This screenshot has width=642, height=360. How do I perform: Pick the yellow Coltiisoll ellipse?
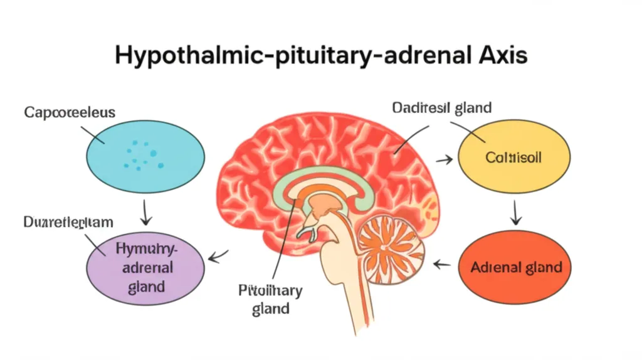514,157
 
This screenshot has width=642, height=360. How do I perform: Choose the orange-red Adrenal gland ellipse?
516,268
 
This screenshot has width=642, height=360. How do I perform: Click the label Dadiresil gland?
442,107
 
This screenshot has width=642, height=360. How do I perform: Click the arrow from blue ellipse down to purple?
145,213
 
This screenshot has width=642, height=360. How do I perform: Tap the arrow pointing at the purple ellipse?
218,256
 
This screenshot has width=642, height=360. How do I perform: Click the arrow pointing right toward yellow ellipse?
444,161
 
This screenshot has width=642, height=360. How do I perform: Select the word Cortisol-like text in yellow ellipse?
514,158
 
